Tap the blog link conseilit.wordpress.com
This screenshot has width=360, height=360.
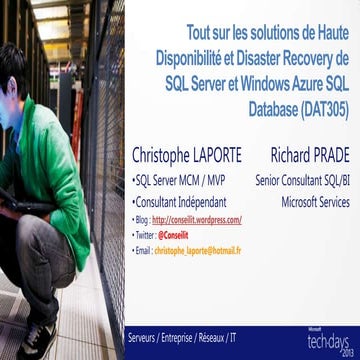point(197,218)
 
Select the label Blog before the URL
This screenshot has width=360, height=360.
point(140,218)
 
